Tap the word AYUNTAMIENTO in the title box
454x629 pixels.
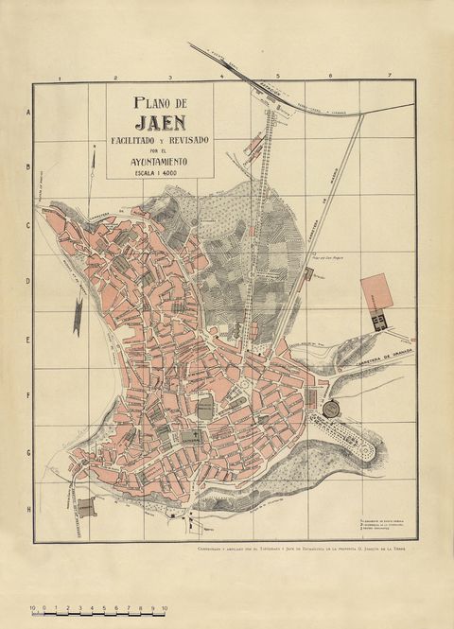click(x=159, y=162)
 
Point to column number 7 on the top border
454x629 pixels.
click(x=388, y=76)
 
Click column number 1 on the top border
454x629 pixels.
click(x=59, y=78)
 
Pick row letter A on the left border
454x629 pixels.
click(x=28, y=112)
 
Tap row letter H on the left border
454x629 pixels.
click(x=28, y=510)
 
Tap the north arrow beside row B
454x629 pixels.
click(x=92, y=170)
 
